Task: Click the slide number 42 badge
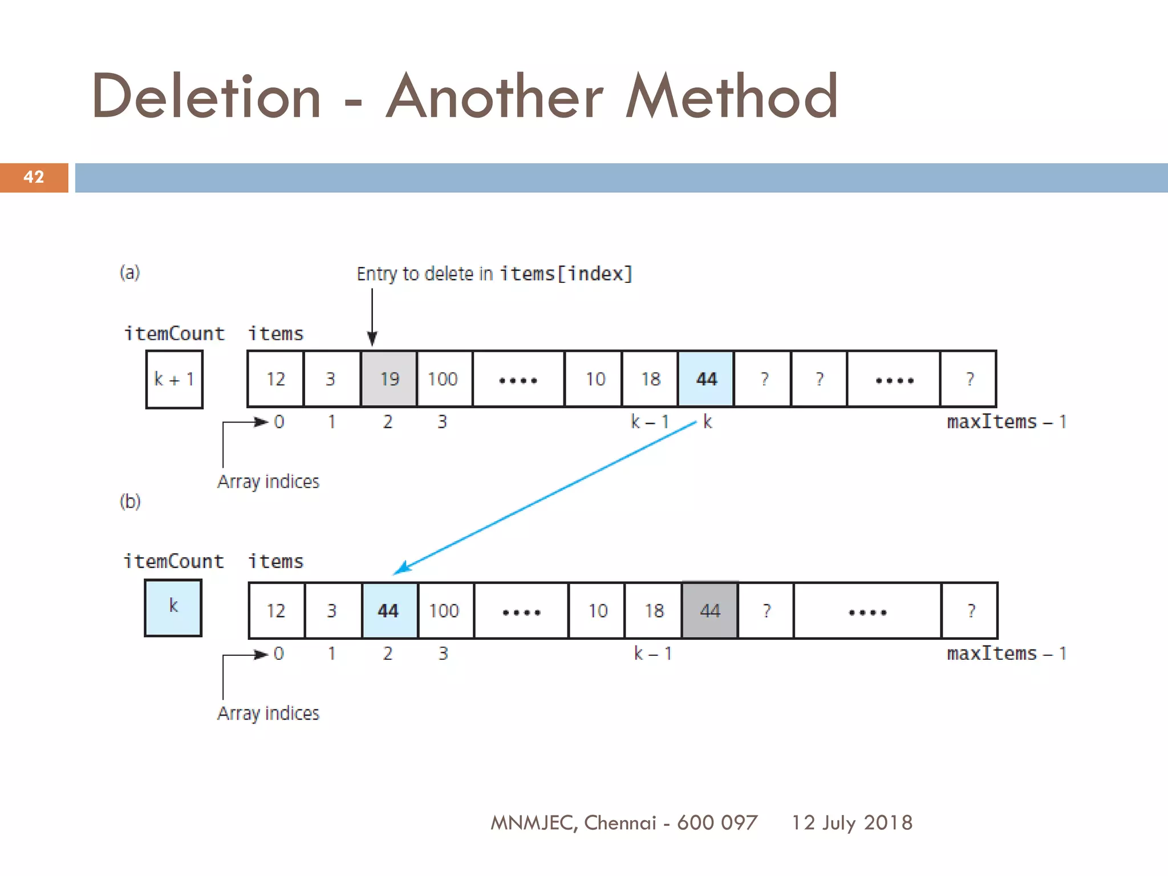pyautogui.click(x=34, y=177)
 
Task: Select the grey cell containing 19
pyautogui.click(x=389, y=379)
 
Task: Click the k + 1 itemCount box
pyautogui.click(x=174, y=379)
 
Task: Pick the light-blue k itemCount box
pyautogui.click(x=173, y=607)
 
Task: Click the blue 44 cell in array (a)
pyautogui.click(x=706, y=379)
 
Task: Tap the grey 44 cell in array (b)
pyautogui.click(x=710, y=611)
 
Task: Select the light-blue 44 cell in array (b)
pyautogui.click(x=389, y=611)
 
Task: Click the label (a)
pyautogui.click(x=129, y=273)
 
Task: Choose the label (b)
pyautogui.click(x=130, y=502)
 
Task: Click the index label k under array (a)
pyautogui.click(x=708, y=422)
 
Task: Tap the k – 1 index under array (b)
pyautogui.click(x=653, y=654)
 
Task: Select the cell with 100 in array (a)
pyautogui.click(x=443, y=379)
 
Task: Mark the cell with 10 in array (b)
pyautogui.click(x=598, y=611)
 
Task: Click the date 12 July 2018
pyautogui.click(x=852, y=822)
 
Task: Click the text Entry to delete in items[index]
pyautogui.click(x=494, y=274)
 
